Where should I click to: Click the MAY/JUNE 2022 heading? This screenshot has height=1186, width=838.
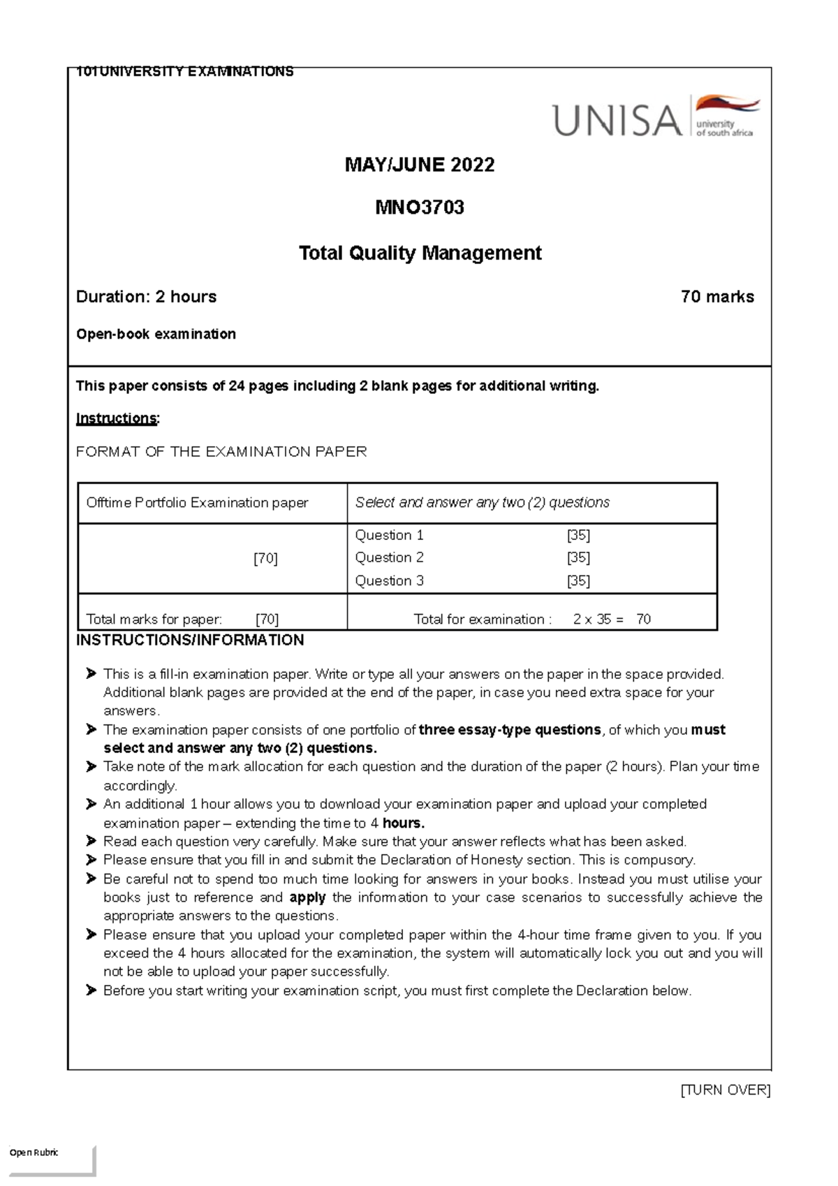[420, 165]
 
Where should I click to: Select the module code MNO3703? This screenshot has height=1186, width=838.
[420, 207]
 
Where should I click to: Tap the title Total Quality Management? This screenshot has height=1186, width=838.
[420, 253]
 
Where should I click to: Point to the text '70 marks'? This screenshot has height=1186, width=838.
[717, 297]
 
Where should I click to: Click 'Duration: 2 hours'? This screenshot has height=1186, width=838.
[146, 297]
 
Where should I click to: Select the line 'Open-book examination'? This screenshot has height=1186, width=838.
[156, 334]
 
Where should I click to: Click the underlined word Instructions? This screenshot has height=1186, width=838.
[117, 418]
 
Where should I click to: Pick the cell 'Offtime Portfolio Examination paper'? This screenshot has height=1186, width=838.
[197, 503]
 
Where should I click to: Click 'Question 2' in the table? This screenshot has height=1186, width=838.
[389, 557]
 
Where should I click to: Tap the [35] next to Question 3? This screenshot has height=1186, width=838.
[578, 580]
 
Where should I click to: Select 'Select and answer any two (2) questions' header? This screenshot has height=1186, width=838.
[482, 502]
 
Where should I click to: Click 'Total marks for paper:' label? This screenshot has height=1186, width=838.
[154, 619]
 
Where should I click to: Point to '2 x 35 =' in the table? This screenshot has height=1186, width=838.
[598, 619]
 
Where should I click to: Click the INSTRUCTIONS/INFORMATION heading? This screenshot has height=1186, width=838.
[190, 640]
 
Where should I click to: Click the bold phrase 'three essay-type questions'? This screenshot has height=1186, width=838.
[509, 730]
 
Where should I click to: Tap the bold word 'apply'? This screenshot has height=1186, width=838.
[307, 898]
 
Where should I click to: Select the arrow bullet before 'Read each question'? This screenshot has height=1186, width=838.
[91, 841]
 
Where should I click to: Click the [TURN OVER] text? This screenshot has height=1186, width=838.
[725, 1090]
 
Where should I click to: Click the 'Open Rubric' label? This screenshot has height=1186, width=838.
[34, 1152]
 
